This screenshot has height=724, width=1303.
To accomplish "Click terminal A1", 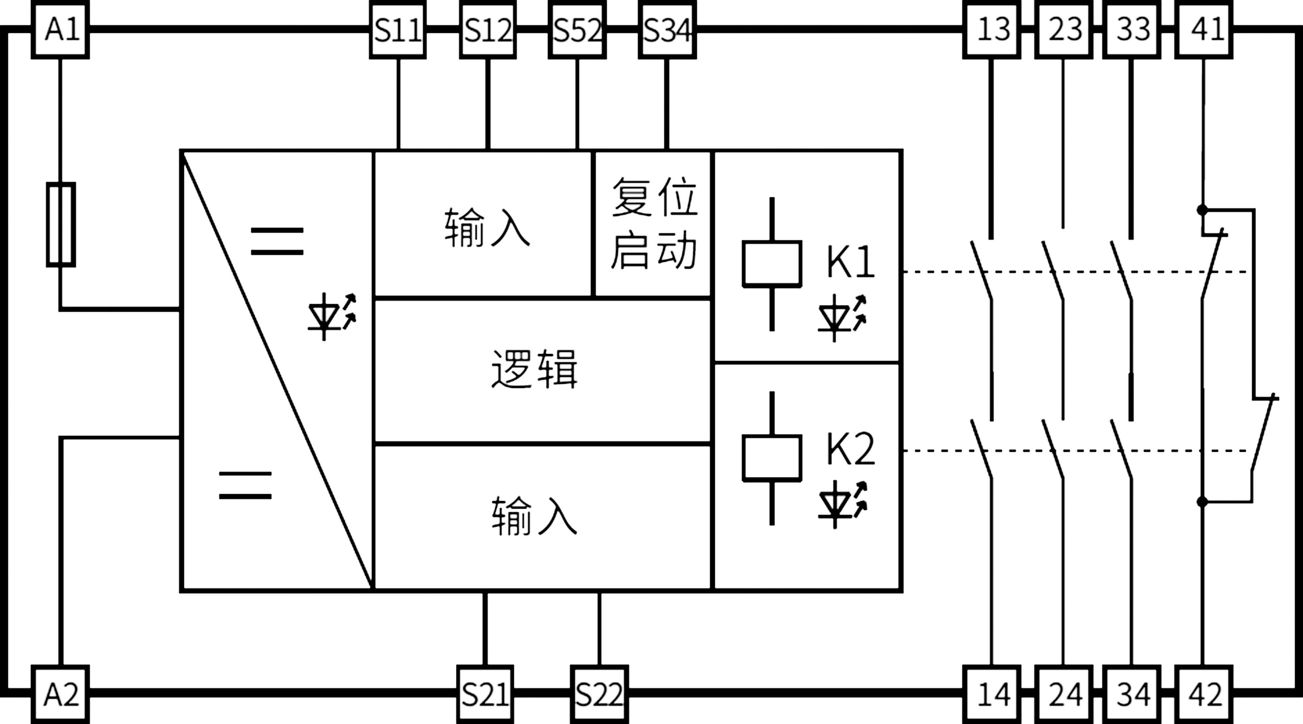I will (61, 29).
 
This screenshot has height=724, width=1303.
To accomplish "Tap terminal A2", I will (61, 694).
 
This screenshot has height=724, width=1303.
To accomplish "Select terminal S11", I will (398, 29).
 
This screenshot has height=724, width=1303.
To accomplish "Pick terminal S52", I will (577, 29).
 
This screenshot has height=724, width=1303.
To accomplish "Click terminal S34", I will (667, 29).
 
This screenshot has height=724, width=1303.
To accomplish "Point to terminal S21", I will (485, 694).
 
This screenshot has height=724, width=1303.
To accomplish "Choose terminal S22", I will (599, 694).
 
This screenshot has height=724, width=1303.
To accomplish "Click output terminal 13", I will (991, 29).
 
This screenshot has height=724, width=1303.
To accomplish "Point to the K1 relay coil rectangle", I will (772, 264).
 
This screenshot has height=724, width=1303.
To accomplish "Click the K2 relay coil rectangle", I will (772, 457).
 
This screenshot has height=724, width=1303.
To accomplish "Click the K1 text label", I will (850, 262).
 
